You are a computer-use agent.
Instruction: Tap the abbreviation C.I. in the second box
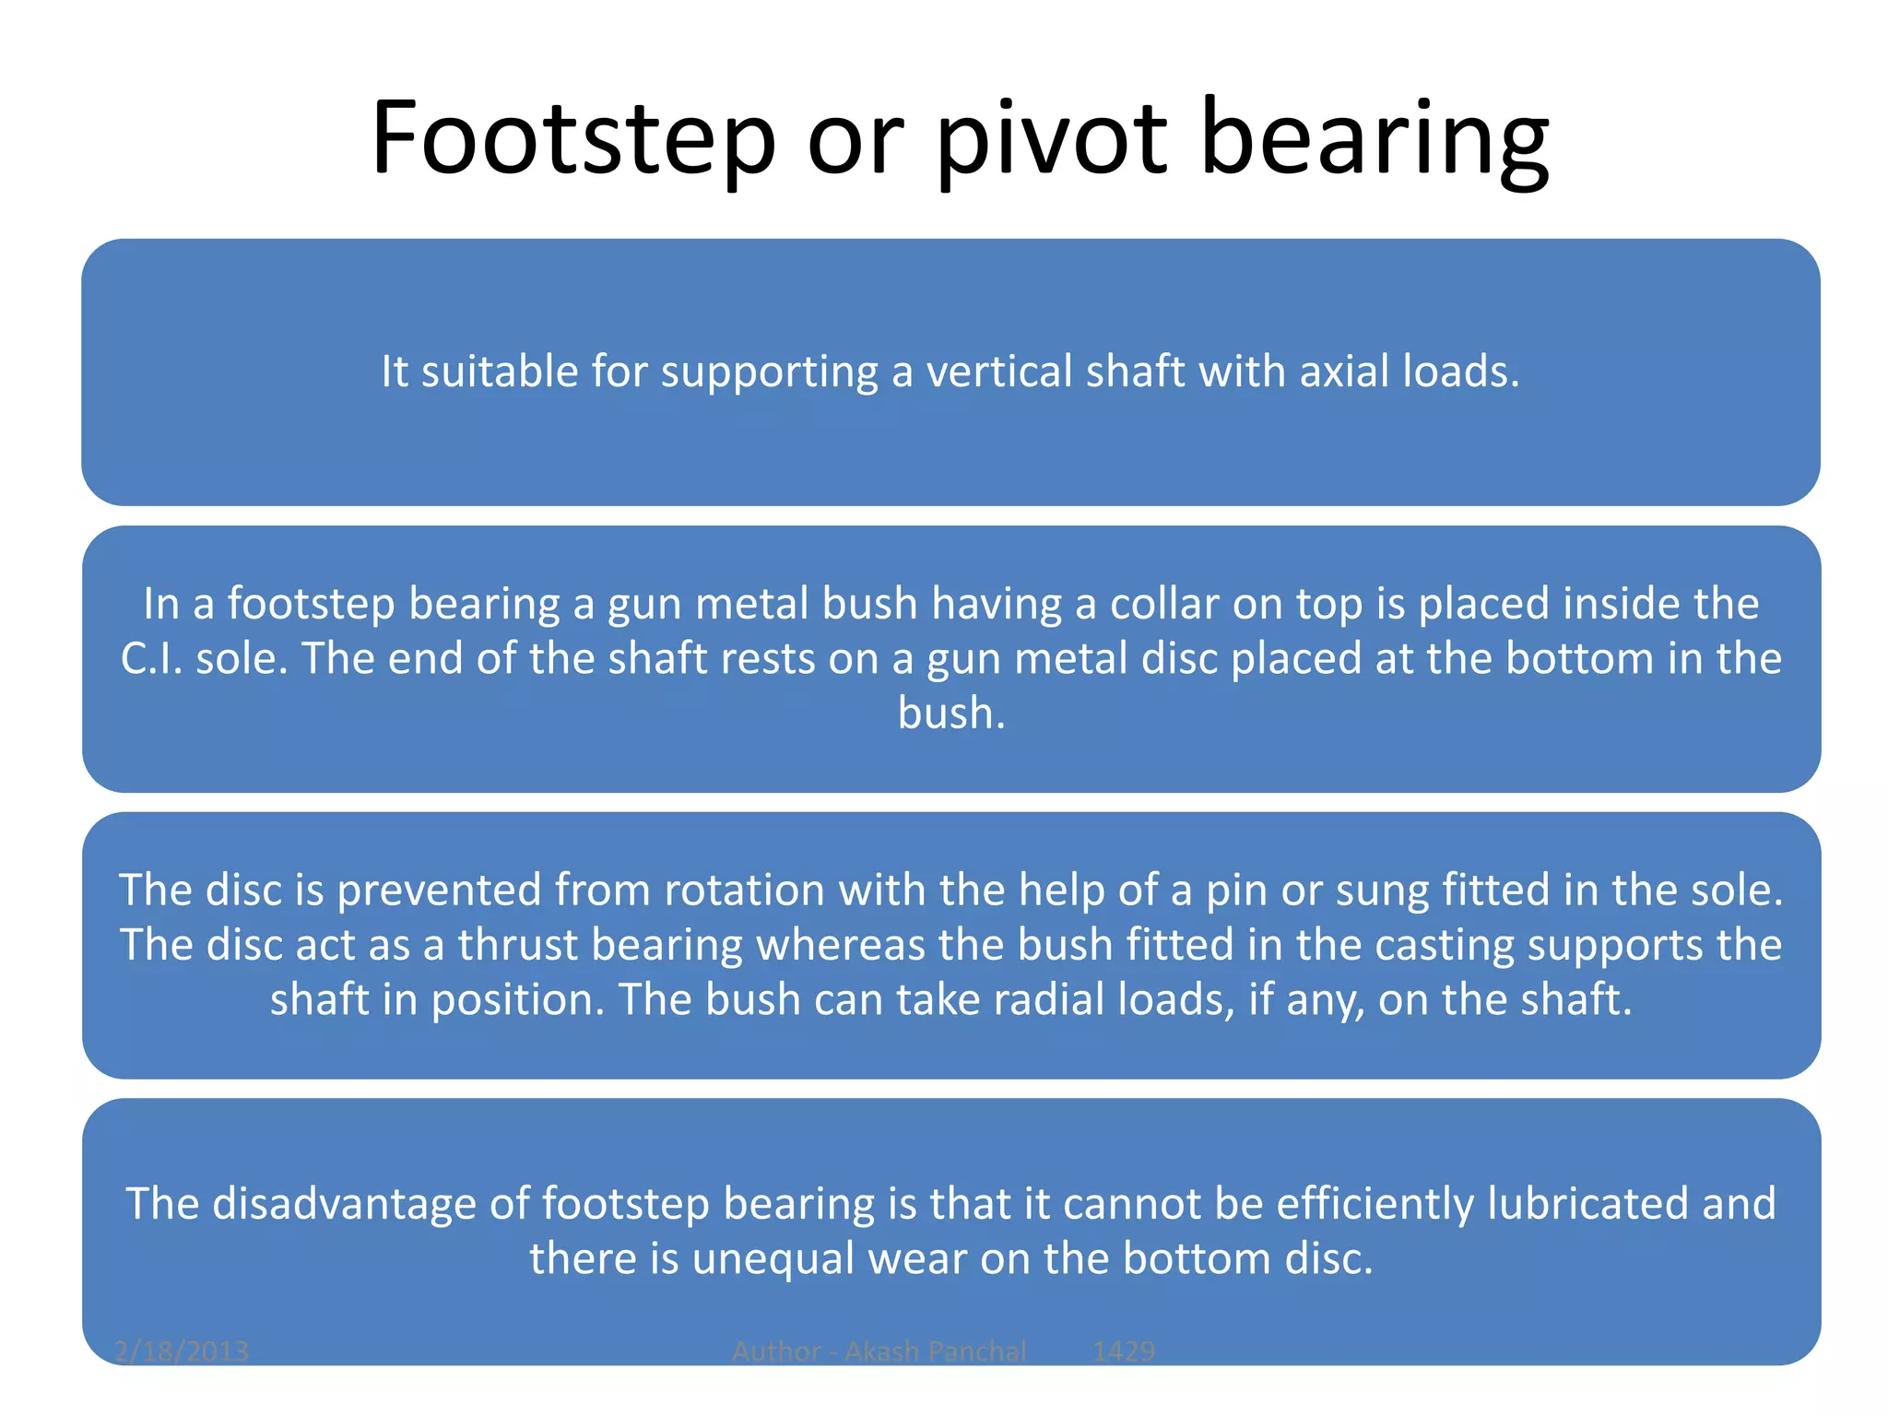click(151, 658)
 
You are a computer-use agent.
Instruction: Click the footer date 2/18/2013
click(182, 1351)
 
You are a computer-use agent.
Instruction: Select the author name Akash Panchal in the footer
click(935, 1351)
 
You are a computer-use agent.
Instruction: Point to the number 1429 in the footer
click(1124, 1351)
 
